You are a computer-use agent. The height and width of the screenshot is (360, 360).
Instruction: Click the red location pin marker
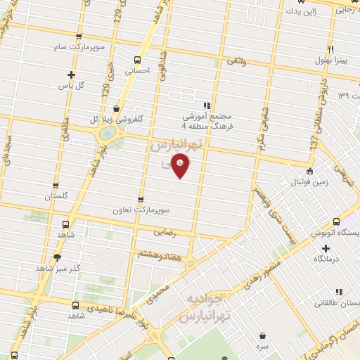tap(180, 165)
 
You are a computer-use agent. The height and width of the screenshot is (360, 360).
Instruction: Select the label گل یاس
tap(70, 86)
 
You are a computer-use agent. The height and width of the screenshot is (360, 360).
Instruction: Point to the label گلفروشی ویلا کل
tap(115, 120)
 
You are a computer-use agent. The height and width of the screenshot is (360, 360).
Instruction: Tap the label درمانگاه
tap(326, 259)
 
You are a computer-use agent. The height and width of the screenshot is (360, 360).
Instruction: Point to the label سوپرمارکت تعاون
tap(143, 210)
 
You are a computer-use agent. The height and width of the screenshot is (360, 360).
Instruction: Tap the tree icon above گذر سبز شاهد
tap(57, 257)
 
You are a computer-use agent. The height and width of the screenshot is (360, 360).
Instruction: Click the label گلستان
tap(58, 197)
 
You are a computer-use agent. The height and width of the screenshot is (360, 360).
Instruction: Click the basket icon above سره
tap(262, 335)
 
